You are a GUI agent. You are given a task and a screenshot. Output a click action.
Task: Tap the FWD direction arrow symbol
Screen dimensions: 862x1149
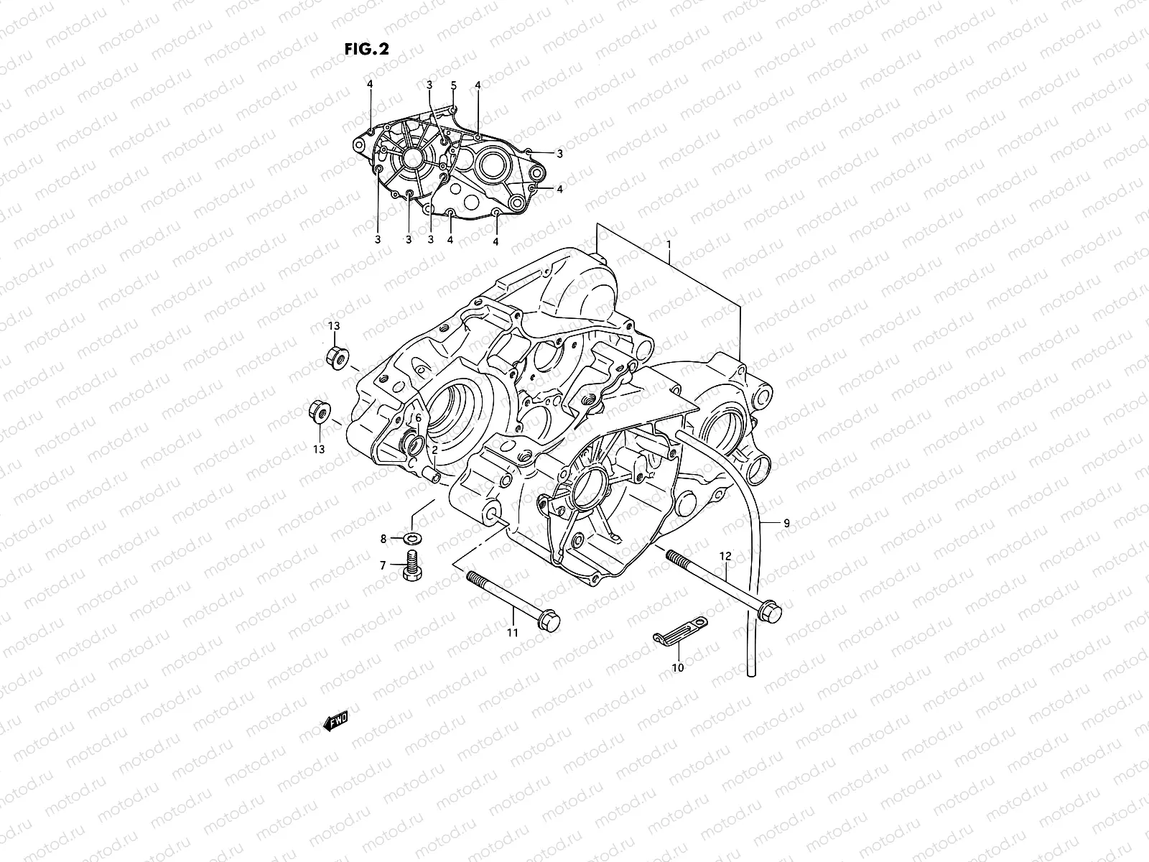click(335, 720)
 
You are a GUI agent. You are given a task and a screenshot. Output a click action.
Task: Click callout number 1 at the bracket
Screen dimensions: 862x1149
click(669, 244)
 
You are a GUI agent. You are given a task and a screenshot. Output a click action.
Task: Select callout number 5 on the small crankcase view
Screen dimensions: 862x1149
click(454, 85)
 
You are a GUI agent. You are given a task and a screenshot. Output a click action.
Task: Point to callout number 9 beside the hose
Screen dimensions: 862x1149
click(786, 524)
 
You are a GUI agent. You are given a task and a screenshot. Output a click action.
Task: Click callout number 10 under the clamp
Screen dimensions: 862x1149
click(677, 667)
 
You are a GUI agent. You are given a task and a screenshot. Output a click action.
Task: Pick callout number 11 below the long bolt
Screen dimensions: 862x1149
click(512, 632)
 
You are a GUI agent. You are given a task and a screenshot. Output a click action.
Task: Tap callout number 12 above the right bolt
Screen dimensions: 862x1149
click(725, 556)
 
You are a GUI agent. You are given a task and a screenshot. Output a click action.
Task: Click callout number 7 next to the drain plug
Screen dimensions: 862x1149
click(383, 565)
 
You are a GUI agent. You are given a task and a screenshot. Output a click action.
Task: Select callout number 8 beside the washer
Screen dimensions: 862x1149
click(383, 538)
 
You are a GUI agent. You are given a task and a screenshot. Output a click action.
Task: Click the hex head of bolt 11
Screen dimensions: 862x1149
click(549, 620)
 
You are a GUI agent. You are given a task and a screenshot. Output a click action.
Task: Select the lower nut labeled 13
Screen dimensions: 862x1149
click(317, 412)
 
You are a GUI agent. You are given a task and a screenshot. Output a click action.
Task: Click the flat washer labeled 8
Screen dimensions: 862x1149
click(413, 538)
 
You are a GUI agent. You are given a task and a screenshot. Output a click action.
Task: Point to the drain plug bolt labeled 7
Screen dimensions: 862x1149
click(412, 566)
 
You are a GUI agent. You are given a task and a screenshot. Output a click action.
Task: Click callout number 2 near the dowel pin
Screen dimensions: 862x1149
click(435, 450)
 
